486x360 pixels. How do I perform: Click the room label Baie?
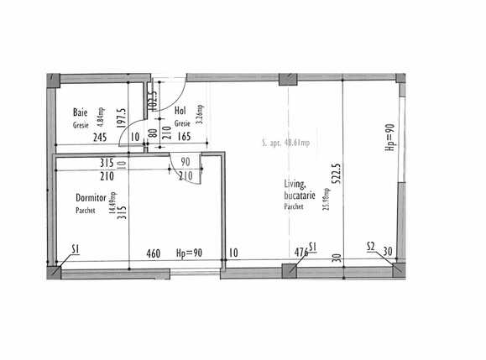pyautogui.click(x=81, y=112)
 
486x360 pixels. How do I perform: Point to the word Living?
pyautogui.click(x=294, y=185)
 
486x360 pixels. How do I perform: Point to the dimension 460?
pyautogui.click(x=154, y=253)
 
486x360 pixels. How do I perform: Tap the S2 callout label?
pyautogui.click(x=371, y=247)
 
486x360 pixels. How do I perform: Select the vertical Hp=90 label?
pyautogui.click(x=389, y=138)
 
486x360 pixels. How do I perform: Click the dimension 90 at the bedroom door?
pyautogui.click(x=184, y=162)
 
